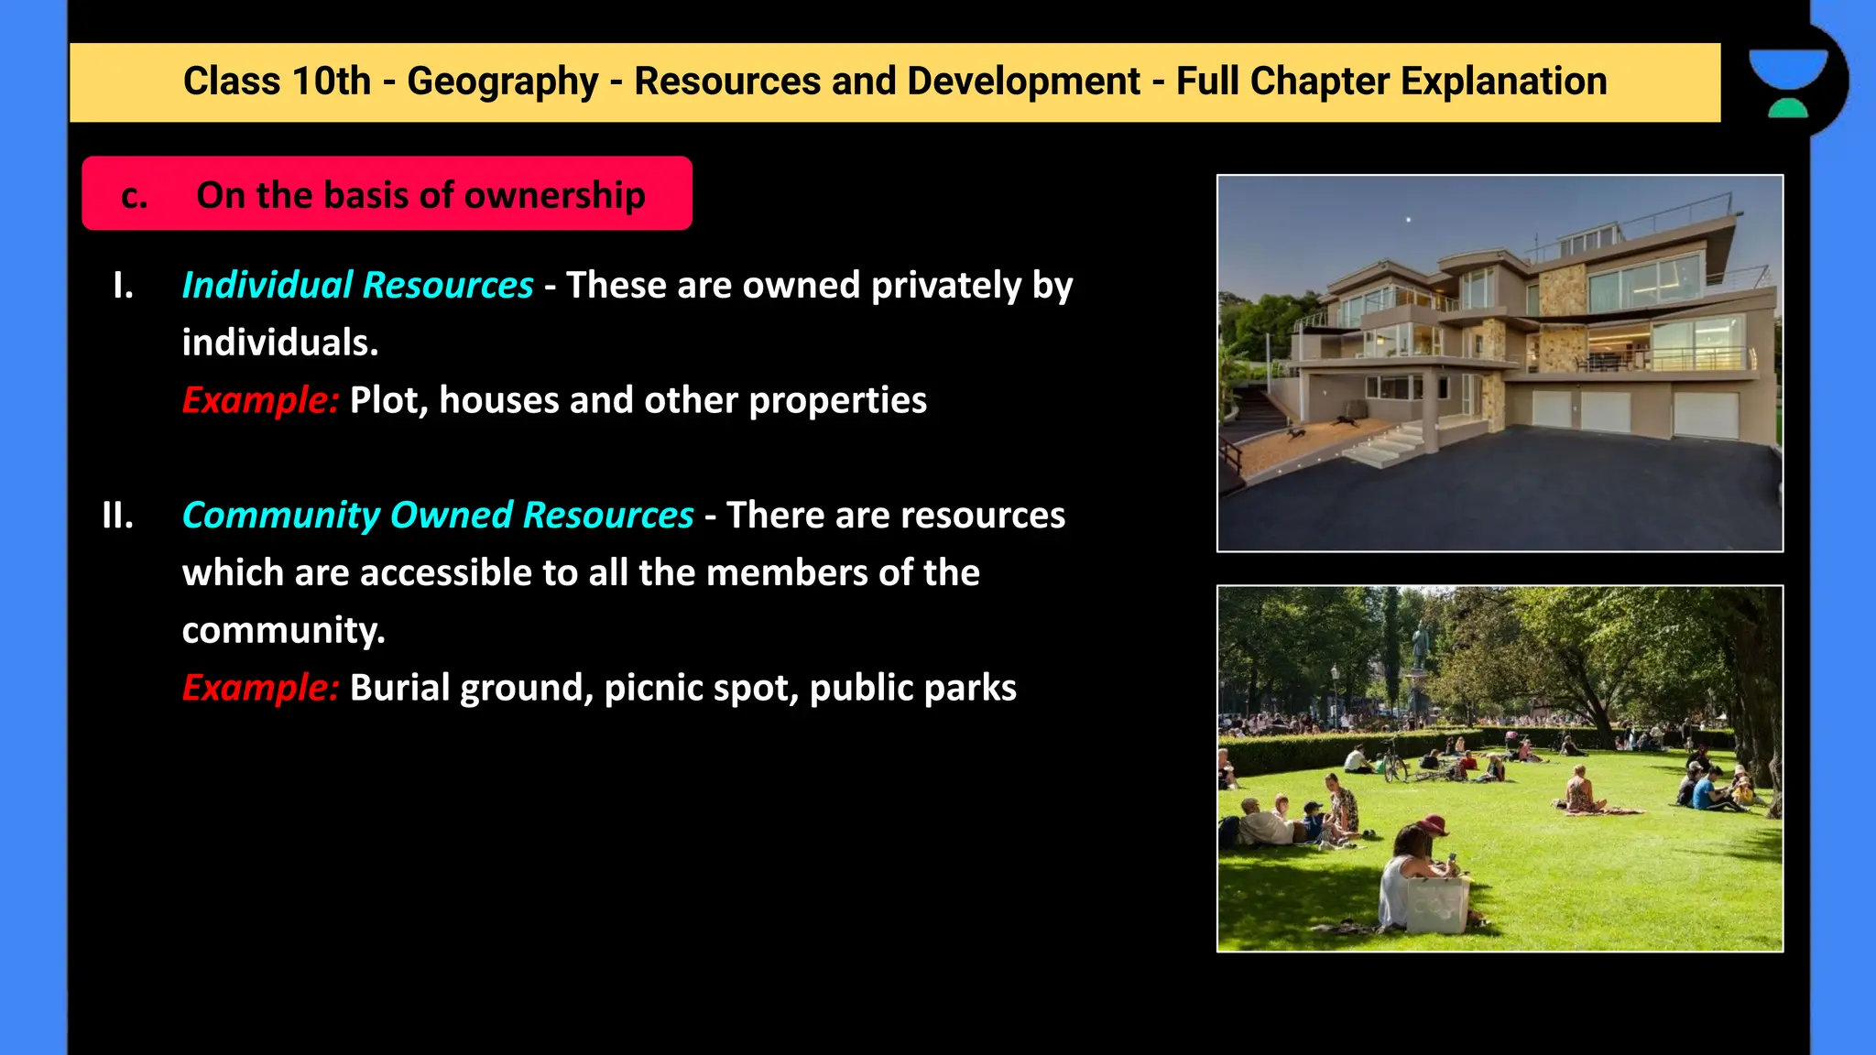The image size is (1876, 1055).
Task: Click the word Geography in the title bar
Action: (x=502, y=82)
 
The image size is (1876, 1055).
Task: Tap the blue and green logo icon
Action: (x=1788, y=82)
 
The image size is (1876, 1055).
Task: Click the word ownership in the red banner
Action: (x=554, y=195)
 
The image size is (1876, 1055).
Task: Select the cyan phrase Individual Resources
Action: (x=357, y=285)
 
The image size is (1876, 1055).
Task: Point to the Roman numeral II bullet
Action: (x=118, y=516)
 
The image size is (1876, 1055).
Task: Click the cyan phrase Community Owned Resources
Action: (x=438, y=515)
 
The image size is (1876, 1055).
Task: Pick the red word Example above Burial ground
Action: (x=260, y=687)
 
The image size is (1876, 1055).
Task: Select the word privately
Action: (x=946, y=286)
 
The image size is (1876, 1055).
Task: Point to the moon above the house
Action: (x=1408, y=220)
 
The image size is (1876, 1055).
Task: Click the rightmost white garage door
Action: (x=1706, y=414)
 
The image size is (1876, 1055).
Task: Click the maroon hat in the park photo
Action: (x=1434, y=822)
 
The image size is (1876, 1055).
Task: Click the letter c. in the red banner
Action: (x=134, y=195)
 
